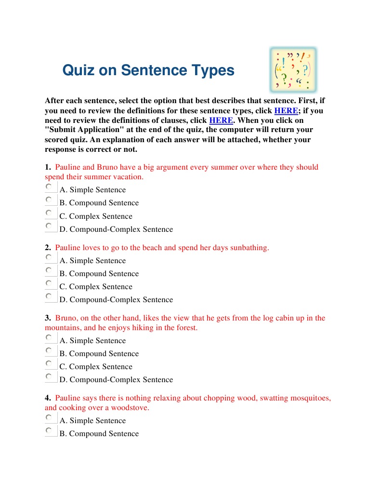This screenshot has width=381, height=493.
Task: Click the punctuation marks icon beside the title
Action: tap(293, 70)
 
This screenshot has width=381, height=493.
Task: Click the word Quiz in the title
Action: tap(78, 71)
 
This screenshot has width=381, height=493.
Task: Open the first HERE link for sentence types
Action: tap(286, 110)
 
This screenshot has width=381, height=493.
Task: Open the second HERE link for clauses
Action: tap(221, 120)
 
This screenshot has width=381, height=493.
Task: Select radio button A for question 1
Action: tap(49, 187)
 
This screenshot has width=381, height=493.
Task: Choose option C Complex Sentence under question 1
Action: tap(49, 213)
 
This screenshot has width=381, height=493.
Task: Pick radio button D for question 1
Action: tap(49, 226)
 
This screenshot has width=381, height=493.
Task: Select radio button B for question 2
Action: tap(49, 270)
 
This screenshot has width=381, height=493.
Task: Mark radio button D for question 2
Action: tap(49, 296)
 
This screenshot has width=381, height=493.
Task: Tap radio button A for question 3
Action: tap(49, 337)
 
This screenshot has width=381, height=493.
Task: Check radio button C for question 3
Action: tap(49, 363)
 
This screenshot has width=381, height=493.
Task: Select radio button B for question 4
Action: tap(49, 430)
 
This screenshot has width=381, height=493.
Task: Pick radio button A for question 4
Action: tap(49, 417)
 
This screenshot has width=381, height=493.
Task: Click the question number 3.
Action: tap(48, 318)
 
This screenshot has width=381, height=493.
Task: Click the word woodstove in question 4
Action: tap(129, 408)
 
